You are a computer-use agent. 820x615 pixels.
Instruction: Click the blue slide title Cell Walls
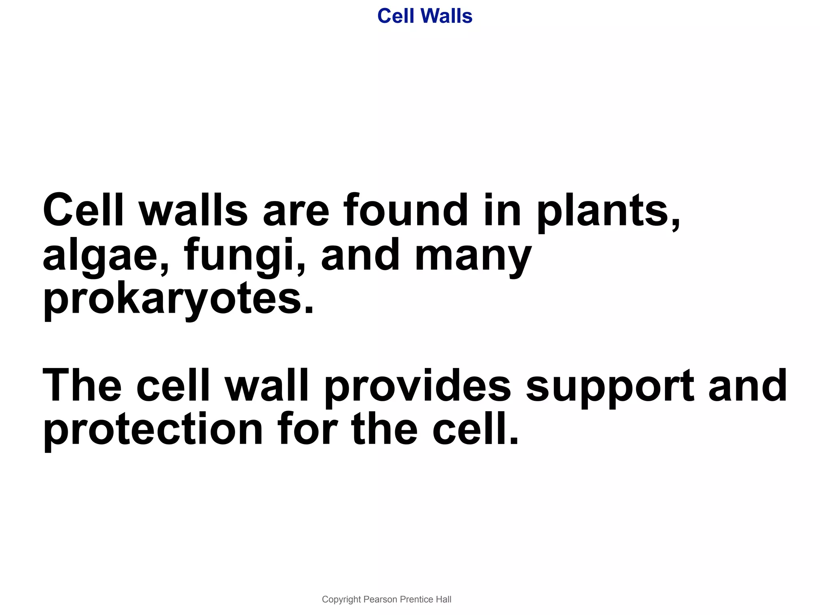pos(424,16)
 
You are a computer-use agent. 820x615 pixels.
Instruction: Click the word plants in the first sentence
pos(608,211)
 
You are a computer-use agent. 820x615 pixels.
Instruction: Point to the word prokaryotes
pos(178,299)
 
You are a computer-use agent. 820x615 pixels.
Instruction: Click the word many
pos(473,255)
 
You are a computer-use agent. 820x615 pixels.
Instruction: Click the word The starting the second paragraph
pos(82,385)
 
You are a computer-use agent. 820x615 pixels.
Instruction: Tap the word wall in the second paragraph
pos(267,385)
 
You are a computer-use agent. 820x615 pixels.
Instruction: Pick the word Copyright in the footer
pos(341,599)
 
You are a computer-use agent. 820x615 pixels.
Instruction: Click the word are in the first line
pos(295,211)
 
